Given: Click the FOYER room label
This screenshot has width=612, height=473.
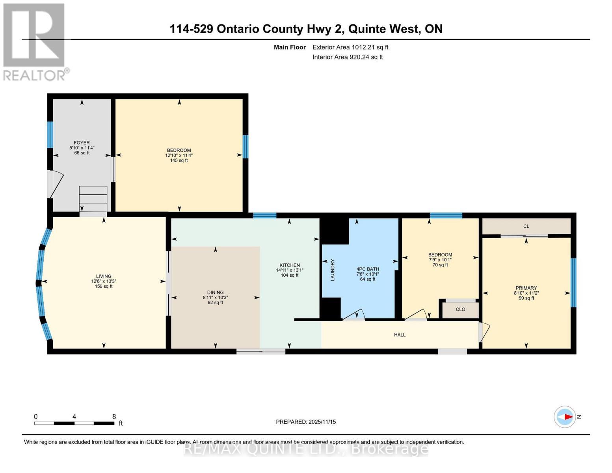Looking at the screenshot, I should pyautogui.click(x=82, y=143).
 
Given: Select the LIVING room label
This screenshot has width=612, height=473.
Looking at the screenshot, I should pyautogui.click(x=104, y=276).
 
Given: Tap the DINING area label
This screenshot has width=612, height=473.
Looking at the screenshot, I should pyautogui.click(x=215, y=292).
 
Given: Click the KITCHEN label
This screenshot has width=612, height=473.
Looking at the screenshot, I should pyautogui.click(x=290, y=265).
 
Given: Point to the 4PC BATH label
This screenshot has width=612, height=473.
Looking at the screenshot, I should pyautogui.click(x=367, y=269).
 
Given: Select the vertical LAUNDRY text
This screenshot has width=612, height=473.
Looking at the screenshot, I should pyautogui.click(x=332, y=270).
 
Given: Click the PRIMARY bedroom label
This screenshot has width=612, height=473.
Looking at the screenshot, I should pyautogui.click(x=526, y=288).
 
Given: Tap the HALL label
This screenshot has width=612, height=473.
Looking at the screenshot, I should pyautogui.click(x=400, y=335).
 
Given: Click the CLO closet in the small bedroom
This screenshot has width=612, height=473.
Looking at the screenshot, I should pyautogui.click(x=460, y=309).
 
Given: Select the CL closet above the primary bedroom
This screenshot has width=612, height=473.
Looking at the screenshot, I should pyautogui.click(x=526, y=226).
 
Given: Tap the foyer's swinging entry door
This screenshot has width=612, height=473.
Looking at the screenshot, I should pyautogui.click(x=54, y=184).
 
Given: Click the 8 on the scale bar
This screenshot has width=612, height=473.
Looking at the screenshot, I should pyautogui.click(x=114, y=417).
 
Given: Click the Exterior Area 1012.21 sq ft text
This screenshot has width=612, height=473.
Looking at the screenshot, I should pyautogui.click(x=350, y=47).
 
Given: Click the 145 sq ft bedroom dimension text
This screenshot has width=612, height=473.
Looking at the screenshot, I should pyautogui.click(x=179, y=160).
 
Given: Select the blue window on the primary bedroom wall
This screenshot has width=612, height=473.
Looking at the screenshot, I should pyautogui.click(x=573, y=282).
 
